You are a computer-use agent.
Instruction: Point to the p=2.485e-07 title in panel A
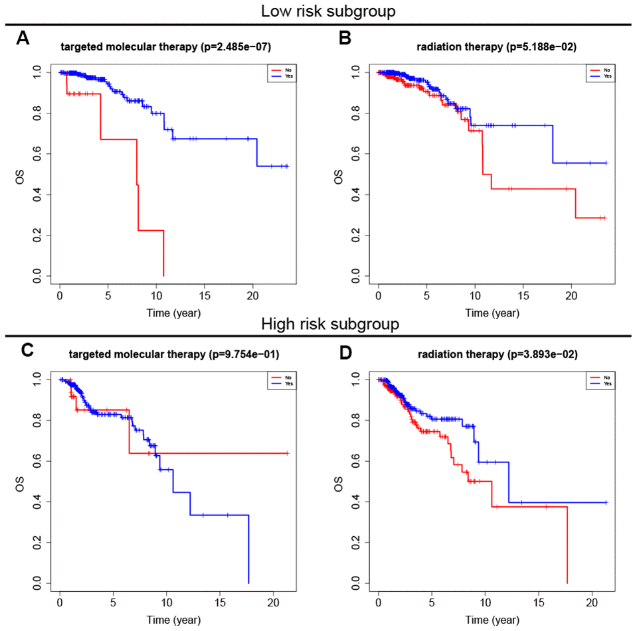click(x=165, y=47)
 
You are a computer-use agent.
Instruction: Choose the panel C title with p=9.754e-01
click(x=173, y=355)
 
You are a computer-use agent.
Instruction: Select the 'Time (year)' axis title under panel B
click(x=492, y=312)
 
